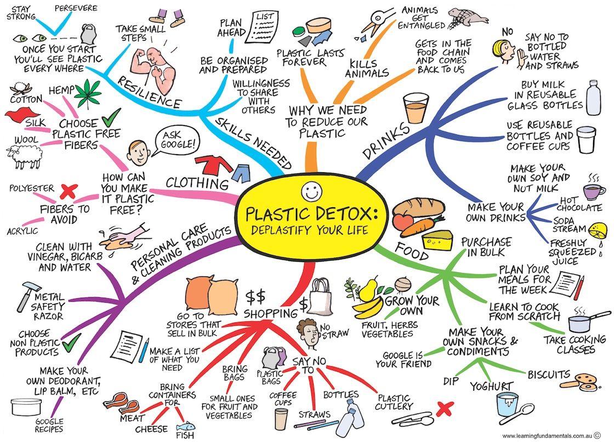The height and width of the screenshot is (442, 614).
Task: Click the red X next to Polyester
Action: click(68, 191)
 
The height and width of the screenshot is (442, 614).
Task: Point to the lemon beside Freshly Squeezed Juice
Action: click(594, 229)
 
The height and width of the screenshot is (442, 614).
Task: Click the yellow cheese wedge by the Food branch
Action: click(437, 239)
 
